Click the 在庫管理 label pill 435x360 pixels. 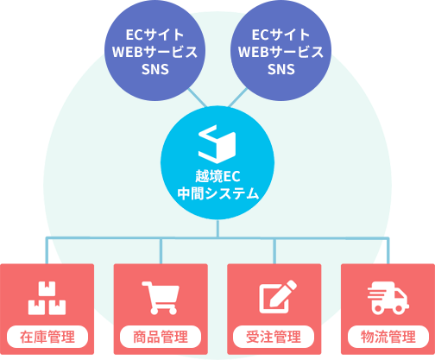click(x=47, y=337)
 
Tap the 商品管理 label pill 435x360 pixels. click(x=161, y=337)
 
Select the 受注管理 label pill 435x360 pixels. click(x=274, y=337)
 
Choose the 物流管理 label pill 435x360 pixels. click(x=388, y=337)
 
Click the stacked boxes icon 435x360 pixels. click(x=47, y=298)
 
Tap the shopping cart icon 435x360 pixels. click(x=161, y=298)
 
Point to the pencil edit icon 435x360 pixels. click(x=278, y=297)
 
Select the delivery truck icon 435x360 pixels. click(x=388, y=298)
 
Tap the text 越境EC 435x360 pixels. click(x=217, y=176)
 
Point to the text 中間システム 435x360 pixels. click(x=218, y=193)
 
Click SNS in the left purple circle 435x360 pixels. click(x=155, y=69)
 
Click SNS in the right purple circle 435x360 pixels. click(x=281, y=69)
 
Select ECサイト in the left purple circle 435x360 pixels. click(x=154, y=35)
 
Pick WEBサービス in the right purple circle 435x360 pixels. click(x=281, y=52)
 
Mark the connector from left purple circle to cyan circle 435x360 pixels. click(x=198, y=98)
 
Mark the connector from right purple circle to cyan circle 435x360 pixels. click(x=237, y=98)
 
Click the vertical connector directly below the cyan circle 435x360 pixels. click(x=217, y=229)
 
